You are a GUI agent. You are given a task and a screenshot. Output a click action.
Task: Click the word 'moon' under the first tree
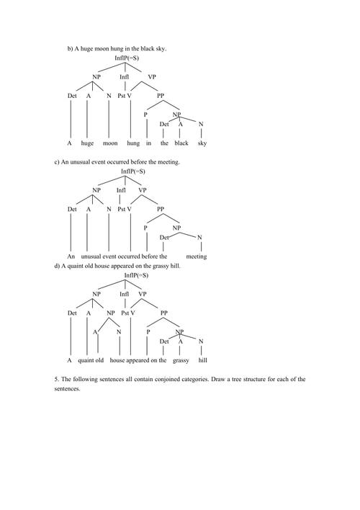click(110, 143)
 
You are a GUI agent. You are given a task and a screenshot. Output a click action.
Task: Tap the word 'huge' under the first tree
click(87, 143)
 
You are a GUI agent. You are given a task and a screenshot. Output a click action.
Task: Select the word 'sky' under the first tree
click(202, 143)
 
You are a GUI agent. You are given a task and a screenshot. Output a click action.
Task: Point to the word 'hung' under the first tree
click(133, 143)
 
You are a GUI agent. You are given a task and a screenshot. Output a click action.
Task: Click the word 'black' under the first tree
click(181, 143)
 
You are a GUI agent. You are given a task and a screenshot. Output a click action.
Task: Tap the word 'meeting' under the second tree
click(196, 256)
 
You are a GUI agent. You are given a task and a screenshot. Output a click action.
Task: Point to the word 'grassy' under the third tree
click(181, 359)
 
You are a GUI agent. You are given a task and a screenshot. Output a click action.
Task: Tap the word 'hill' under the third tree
click(202, 359)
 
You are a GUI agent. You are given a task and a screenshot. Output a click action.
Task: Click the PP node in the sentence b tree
click(161, 95)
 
